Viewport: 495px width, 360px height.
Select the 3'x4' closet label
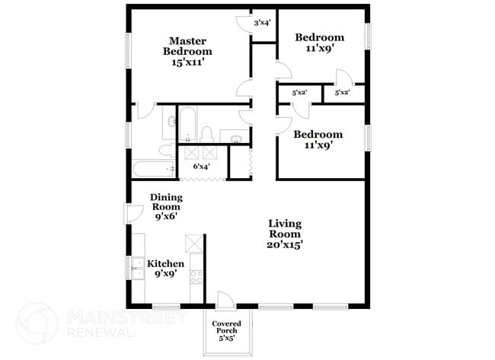coord(262,23)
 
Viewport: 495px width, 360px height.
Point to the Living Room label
coord(284,229)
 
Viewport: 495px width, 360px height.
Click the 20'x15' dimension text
coord(285,244)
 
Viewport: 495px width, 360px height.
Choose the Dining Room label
coord(166,201)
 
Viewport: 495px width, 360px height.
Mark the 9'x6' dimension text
coord(166,216)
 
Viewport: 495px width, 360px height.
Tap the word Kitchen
coord(165,263)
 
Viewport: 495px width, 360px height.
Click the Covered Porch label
coord(227,327)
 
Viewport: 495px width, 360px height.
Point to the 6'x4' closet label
coord(202,166)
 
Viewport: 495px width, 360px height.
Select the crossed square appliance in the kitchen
coord(195,244)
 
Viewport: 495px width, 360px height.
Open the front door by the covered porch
coord(226,300)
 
